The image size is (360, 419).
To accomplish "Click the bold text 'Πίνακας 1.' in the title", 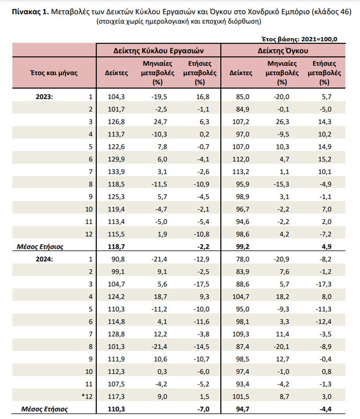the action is [x=31, y=12].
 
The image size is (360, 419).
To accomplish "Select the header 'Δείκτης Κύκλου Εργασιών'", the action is [x=158, y=51].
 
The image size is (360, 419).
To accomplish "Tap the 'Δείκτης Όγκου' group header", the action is [x=283, y=51].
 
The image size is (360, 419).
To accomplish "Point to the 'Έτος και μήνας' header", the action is [x=54, y=73].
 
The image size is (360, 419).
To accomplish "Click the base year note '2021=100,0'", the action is [x=319, y=39].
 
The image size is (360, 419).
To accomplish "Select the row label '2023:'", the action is [x=44, y=97].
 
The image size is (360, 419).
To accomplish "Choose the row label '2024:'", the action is [x=44, y=259].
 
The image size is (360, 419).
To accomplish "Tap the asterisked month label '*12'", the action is [x=87, y=396].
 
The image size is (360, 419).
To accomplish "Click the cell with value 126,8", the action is [x=116, y=122].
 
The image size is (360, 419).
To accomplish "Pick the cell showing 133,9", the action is [x=116, y=172].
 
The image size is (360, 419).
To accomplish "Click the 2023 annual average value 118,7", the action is [x=116, y=247].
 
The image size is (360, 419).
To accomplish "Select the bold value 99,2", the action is [x=243, y=247].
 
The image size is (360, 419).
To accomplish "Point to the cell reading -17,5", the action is [x=201, y=284].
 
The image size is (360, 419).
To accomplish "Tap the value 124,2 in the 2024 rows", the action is [x=116, y=297].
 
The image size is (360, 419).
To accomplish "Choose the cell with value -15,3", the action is [x=281, y=185].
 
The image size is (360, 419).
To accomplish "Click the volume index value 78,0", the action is [x=243, y=259].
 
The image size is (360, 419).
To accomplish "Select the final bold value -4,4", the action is [x=326, y=409].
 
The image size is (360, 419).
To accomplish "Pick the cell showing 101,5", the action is [x=241, y=396].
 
